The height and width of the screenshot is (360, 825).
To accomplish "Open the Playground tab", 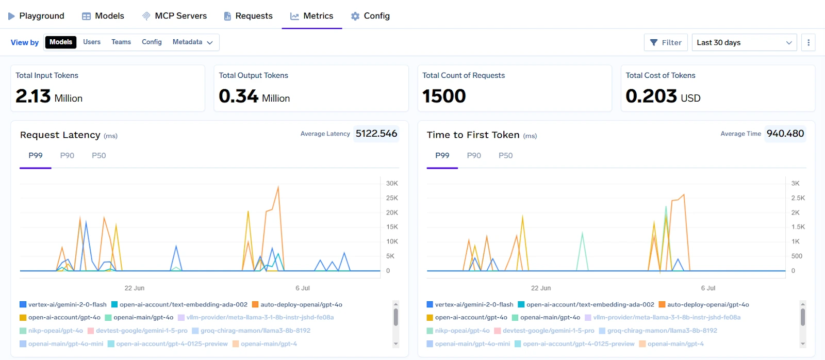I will tap(36, 16).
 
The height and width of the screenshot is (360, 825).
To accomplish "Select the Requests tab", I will tap(248, 16).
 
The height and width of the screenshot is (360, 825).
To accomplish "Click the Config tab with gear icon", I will tap(370, 16).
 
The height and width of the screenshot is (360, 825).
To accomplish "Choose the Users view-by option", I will tap(92, 42).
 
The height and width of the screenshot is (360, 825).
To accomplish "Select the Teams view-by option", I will tap(121, 42).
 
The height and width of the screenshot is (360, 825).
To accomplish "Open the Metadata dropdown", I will tap(192, 42).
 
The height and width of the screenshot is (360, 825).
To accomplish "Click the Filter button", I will tap(666, 42).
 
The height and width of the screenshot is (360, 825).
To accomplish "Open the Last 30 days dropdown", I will tap(744, 42).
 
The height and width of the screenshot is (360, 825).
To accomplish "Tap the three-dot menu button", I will tap(808, 42).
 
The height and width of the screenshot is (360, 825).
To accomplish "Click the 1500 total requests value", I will tap(444, 96).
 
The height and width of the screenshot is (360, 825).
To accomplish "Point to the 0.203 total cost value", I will tap(651, 96).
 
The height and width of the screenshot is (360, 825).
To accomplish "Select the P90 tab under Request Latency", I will tap(67, 156).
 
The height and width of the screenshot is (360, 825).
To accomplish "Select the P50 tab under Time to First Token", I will tap(505, 156).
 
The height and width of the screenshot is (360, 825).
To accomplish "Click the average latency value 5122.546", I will tap(376, 134).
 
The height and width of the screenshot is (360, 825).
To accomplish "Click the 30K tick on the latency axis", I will tap(392, 184).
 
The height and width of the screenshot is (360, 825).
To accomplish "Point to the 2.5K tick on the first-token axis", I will tap(798, 198).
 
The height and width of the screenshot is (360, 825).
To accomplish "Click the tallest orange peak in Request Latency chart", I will tap(278, 187).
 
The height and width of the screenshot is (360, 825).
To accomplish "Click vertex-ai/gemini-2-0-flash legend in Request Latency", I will tap(67, 305).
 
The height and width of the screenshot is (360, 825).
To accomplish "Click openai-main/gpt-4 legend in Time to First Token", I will tap(675, 344).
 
